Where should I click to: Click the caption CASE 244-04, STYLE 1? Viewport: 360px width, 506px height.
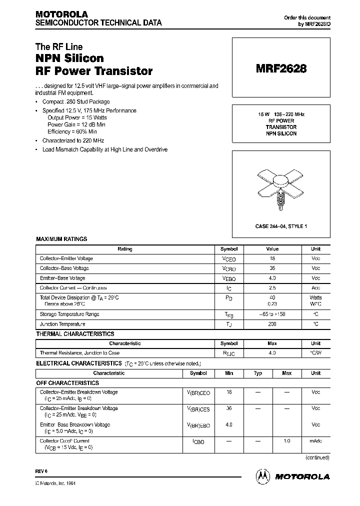[281, 226]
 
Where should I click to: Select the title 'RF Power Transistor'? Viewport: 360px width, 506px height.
[94, 71]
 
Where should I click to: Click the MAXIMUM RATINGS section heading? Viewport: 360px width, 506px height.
[61, 239]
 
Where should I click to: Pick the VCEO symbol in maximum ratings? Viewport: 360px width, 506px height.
[228, 259]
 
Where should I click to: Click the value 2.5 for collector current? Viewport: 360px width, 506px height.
[272, 288]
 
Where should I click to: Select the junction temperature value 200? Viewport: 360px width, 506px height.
[272, 324]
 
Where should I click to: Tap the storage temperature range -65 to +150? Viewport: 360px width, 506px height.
[272, 314]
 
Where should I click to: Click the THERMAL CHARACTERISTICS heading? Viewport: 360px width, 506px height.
[75, 334]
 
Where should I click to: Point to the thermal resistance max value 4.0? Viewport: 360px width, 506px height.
[272, 353]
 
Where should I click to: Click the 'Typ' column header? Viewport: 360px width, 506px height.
[258, 373]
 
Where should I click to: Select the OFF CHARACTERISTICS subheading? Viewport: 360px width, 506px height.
[67, 383]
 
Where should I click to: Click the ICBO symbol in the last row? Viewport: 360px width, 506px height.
[198, 442]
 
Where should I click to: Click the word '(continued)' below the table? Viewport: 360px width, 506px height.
[317, 457]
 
